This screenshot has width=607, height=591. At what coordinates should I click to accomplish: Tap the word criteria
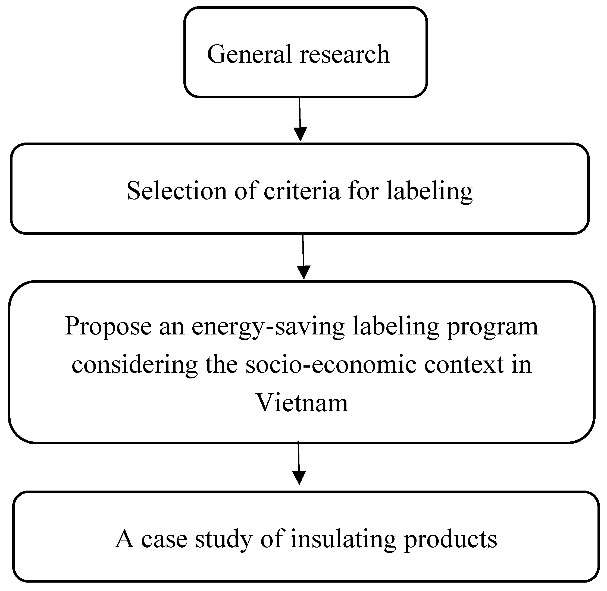click(x=302, y=191)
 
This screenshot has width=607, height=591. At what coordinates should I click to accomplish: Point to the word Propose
click(x=108, y=327)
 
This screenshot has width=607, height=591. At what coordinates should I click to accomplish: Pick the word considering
click(x=134, y=365)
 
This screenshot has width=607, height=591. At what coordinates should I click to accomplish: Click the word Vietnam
click(x=302, y=403)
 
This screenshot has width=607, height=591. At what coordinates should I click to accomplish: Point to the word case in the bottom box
click(x=164, y=539)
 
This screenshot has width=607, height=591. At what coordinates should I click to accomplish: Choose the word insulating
click(x=343, y=539)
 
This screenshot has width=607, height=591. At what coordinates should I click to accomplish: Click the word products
click(x=450, y=539)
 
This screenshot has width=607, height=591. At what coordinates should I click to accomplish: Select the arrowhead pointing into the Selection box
click(x=300, y=134)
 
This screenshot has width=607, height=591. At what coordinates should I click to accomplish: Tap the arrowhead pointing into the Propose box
click(x=303, y=272)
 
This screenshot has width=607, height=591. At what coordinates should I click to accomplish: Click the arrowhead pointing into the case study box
click(x=299, y=478)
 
